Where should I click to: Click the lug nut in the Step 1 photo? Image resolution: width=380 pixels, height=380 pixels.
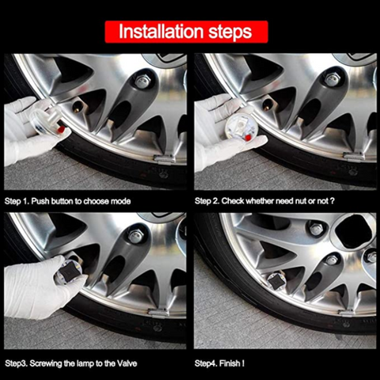click(x=142, y=82)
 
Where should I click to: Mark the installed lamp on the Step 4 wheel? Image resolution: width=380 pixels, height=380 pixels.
click(x=275, y=280)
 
